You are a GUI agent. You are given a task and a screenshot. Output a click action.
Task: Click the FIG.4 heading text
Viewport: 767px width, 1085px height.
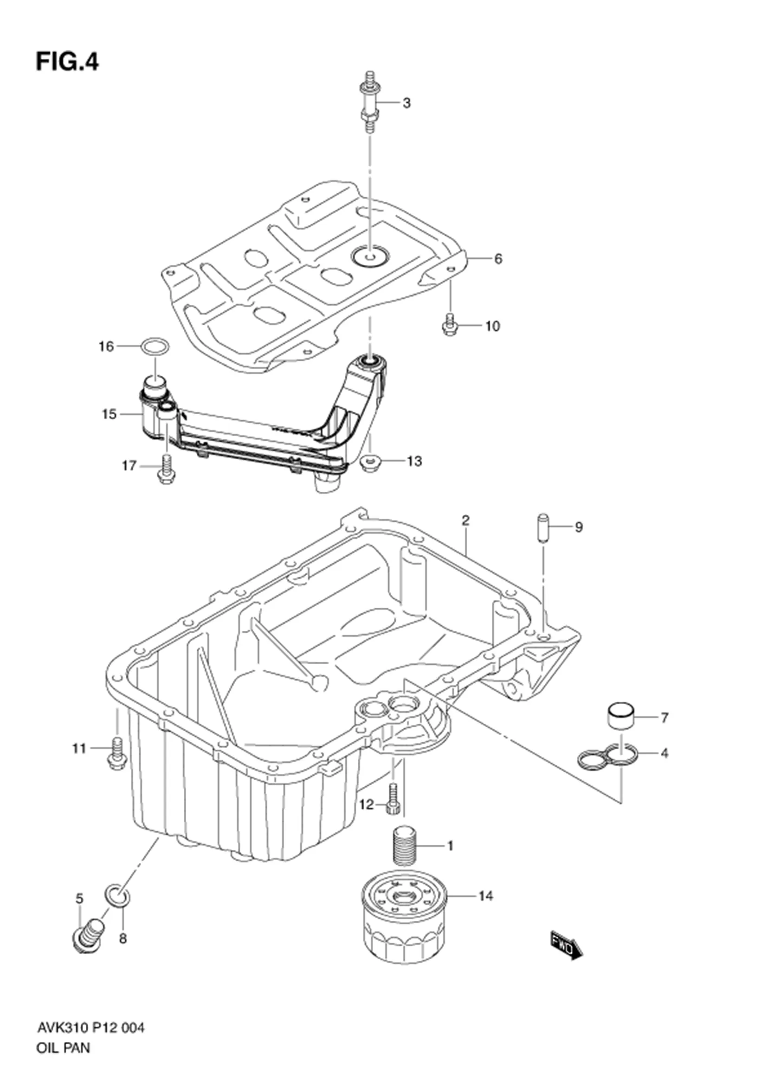pos(67,62)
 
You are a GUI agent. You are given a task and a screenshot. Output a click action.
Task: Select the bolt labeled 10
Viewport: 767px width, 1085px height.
pos(450,325)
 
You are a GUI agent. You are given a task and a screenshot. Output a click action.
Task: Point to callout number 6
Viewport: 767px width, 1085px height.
pos(497,258)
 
